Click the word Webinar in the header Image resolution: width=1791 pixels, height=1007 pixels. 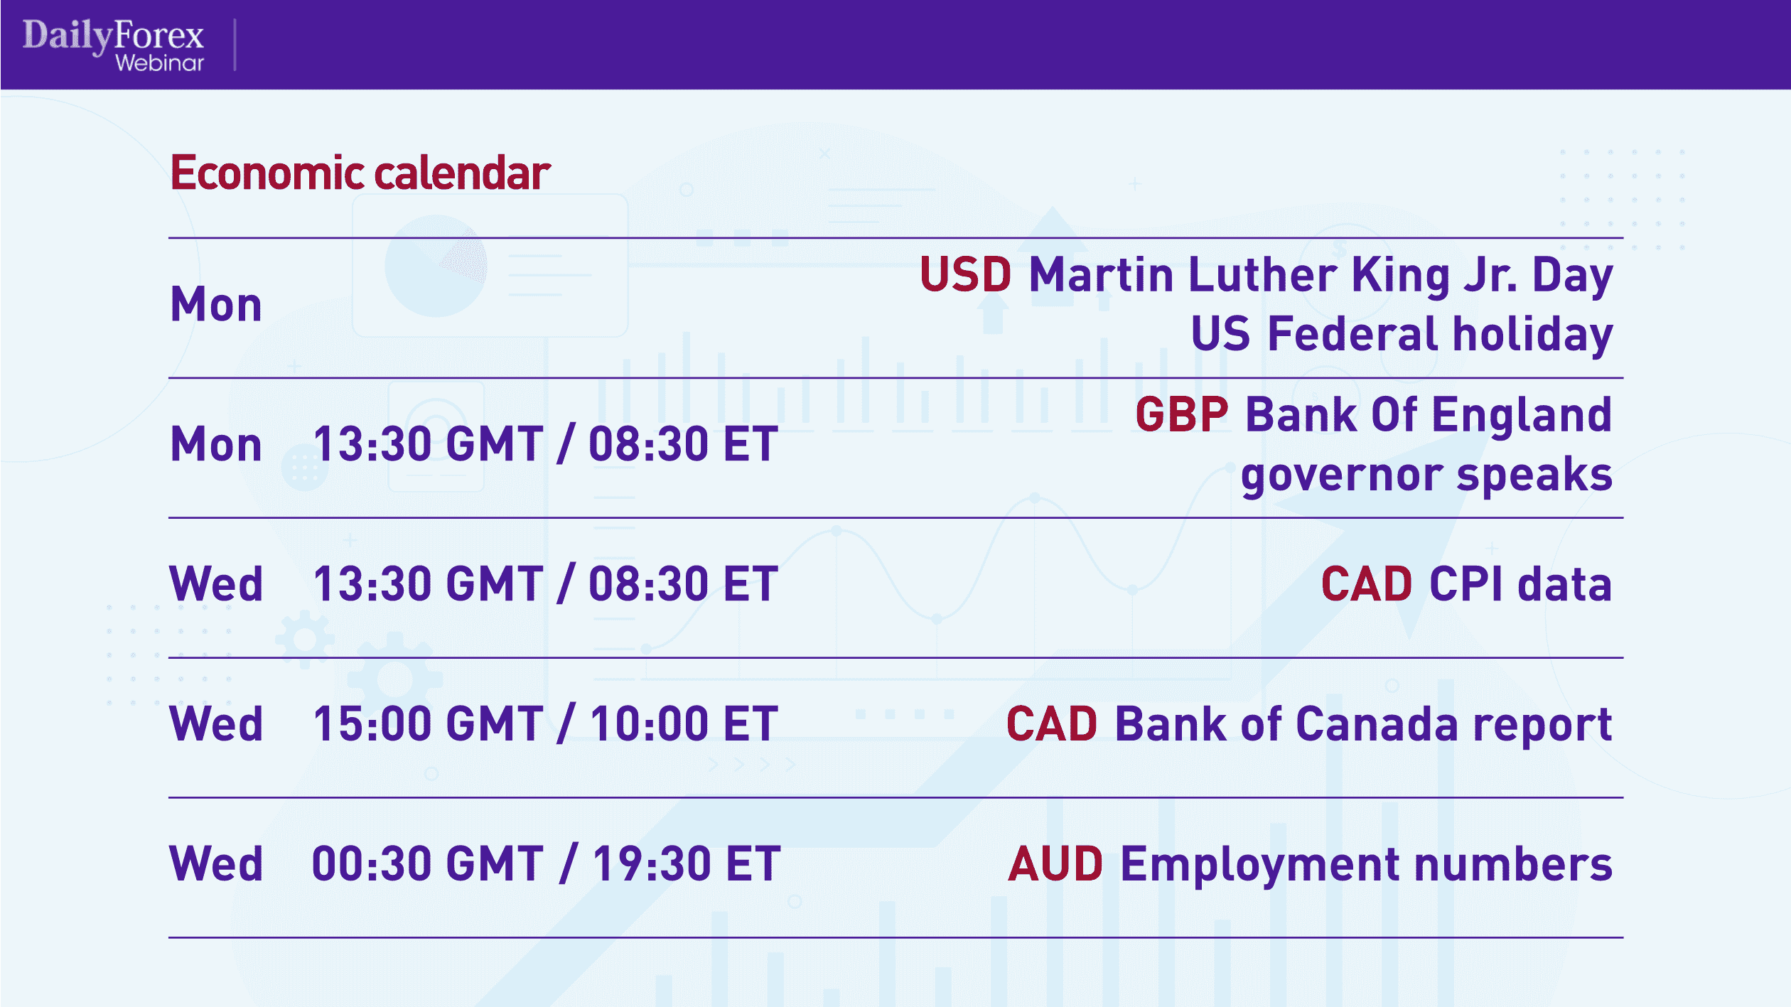pyautogui.click(x=160, y=63)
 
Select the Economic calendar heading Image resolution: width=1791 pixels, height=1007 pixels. pyautogui.click(x=360, y=173)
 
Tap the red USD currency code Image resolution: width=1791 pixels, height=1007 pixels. pyautogui.click(x=965, y=274)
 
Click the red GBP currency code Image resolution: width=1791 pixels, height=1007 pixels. pyautogui.click(x=1181, y=415)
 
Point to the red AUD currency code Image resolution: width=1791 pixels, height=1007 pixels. pyautogui.click(x=1055, y=864)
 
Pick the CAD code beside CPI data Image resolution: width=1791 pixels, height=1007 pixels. pyautogui.click(x=1367, y=584)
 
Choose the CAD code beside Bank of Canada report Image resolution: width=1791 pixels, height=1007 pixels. pyautogui.click(x=1052, y=724)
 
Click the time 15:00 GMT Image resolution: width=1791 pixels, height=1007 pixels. pyautogui.click(x=429, y=724)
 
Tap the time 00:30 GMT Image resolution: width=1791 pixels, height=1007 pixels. pyautogui.click(x=429, y=864)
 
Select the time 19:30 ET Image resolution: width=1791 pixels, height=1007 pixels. pyautogui.click(x=687, y=864)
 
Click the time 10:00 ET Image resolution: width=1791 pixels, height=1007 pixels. pyautogui.click(x=684, y=724)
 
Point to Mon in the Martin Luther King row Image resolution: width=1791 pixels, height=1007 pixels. pyautogui.click(x=216, y=305)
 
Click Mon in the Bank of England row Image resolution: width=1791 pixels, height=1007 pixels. pyautogui.click(x=216, y=445)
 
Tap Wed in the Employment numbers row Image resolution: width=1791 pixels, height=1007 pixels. pyautogui.click(x=216, y=864)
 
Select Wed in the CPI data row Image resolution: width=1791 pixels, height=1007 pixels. pyautogui.click(x=216, y=584)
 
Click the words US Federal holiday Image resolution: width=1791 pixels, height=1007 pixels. pyautogui.click(x=1402, y=334)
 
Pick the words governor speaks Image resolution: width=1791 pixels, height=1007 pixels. pyautogui.click(x=1426, y=475)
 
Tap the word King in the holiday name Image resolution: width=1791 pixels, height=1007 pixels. pyautogui.click(x=1400, y=276)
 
